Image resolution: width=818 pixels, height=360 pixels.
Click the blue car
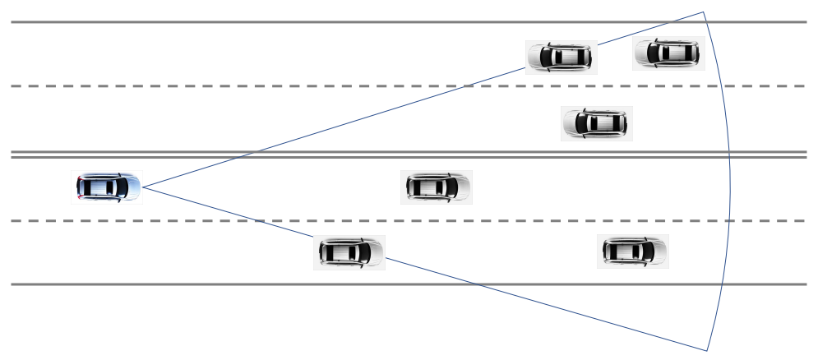point(108,187)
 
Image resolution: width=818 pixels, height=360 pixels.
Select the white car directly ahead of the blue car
point(437,187)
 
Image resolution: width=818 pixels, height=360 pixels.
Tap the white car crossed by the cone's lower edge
point(349,252)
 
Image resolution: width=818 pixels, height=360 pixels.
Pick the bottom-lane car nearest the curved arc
point(632,251)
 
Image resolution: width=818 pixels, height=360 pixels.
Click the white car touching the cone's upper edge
point(561,57)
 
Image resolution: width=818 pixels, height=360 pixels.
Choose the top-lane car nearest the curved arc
point(668,53)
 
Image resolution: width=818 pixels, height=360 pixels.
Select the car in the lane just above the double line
point(597,123)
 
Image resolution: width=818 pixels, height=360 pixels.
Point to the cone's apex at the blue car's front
point(144,187)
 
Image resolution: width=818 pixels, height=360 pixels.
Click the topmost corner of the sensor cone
point(704,12)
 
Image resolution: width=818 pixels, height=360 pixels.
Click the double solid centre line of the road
point(247,154)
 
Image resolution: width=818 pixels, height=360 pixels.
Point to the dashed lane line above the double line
point(247,86)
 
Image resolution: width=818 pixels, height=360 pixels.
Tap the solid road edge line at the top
point(247,22)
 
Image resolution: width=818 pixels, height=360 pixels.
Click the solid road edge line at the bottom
point(247,284)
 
